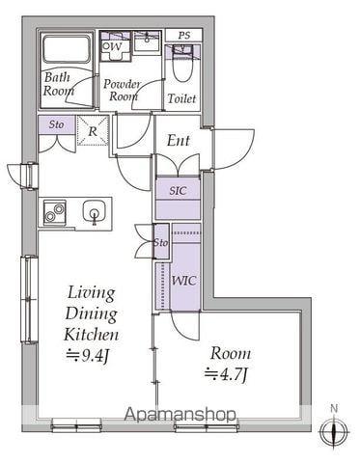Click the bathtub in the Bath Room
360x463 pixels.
point(67,49)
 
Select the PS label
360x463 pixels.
point(184,35)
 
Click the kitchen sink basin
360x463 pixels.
point(94,211)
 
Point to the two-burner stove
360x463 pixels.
point(54,212)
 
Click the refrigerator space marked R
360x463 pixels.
point(93,131)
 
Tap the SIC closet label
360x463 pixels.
point(178,191)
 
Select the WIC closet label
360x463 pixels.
point(184,281)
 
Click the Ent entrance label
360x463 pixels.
point(179,141)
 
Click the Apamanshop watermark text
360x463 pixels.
point(180,415)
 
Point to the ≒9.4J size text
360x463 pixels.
point(89,356)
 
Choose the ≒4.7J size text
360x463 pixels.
point(227,374)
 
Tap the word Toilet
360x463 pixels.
point(181,98)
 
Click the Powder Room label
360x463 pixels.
point(123,90)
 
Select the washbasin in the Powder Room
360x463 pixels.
point(147,41)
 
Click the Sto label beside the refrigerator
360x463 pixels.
point(56,124)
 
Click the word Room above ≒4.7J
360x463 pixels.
point(231,353)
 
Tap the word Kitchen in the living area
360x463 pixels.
point(92,335)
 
